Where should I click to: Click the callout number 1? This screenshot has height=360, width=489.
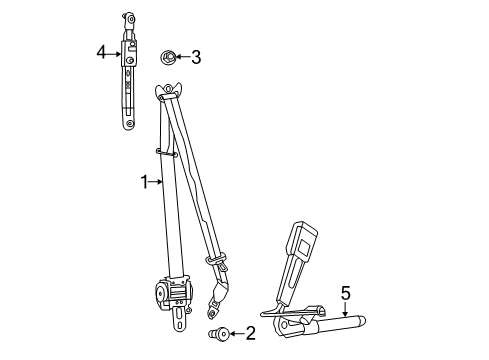point(144,181)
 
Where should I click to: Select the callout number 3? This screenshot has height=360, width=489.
point(195,58)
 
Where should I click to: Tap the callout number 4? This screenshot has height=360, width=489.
point(102,51)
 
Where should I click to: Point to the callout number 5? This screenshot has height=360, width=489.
point(345,292)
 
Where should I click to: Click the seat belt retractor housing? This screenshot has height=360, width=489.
point(172,293)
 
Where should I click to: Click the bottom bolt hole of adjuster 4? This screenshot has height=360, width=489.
point(129,122)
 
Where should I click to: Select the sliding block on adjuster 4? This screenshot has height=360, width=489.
point(130,57)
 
